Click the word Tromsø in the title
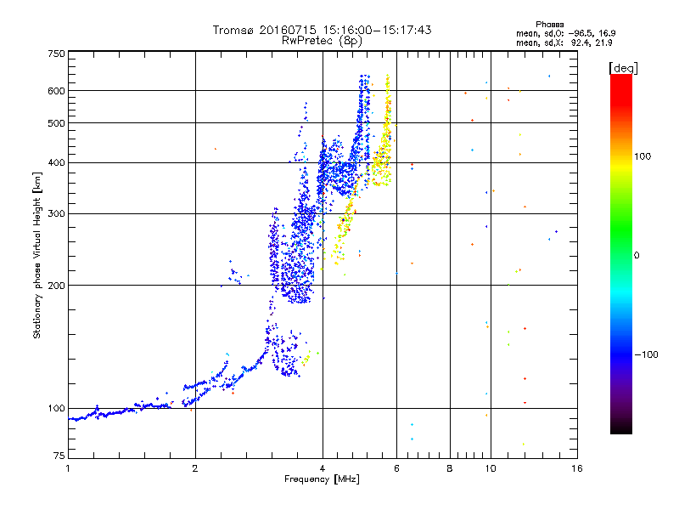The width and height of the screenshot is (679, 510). [x=234, y=30]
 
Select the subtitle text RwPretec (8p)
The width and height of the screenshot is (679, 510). [x=322, y=41]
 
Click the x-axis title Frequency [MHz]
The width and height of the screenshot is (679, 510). [x=322, y=479]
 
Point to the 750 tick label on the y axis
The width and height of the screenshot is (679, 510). [x=56, y=54]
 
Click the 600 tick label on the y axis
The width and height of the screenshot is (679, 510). [x=56, y=91]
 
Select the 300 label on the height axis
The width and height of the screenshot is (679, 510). [x=56, y=213]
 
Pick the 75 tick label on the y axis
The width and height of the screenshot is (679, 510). [x=59, y=456]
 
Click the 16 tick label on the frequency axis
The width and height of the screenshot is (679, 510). [x=577, y=468]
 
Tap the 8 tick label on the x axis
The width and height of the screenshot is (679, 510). [x=450, y=468]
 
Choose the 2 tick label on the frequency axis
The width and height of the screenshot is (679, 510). [x=195, y=468]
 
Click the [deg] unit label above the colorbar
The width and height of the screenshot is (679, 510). [x=623, y=68]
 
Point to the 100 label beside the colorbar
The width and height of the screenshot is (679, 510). [x=643, y=156]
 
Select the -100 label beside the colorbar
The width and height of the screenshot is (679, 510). [x=646, y=354]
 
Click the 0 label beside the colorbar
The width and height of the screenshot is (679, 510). [x=637, y=255]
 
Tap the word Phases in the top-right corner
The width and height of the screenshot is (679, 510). [x=550, y=25]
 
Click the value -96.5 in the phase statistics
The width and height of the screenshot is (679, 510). [x=582, y=33]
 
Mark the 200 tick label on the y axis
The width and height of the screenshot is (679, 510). [x=56, y=285]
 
